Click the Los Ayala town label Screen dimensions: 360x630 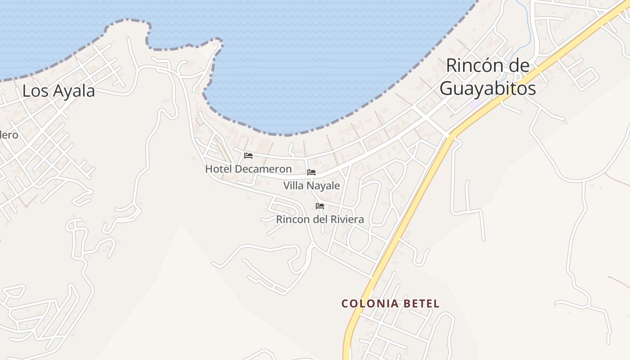click(x=58, y=91)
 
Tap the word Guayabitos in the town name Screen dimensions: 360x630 click(x=488, y=89)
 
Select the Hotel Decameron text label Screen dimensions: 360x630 click(x=248, y=169)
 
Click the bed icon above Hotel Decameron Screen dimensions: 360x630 click(x=248, y=156)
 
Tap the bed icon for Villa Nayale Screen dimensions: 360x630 click(x=311, y=172)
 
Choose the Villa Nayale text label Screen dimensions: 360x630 click(x=311, y=185)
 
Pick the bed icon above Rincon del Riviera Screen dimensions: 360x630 click(x=320, y=206)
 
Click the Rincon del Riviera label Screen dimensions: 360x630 click(x=320, y=220)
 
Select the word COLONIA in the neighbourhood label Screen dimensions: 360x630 click(x=370, y=304)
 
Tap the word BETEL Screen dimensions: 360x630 click(x=421, y=304)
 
